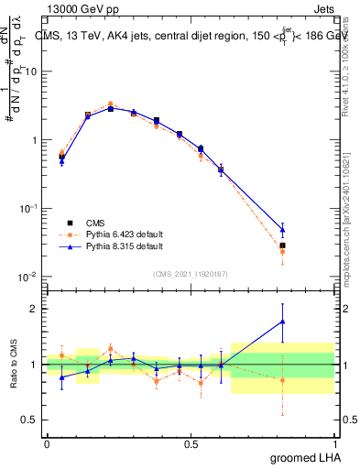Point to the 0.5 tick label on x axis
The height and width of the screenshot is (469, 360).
[191, 443]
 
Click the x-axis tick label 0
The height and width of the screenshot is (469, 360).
[47, 443]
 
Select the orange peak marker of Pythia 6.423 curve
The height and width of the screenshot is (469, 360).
[111, 104]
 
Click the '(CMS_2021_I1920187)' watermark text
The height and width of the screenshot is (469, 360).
[190, 272]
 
